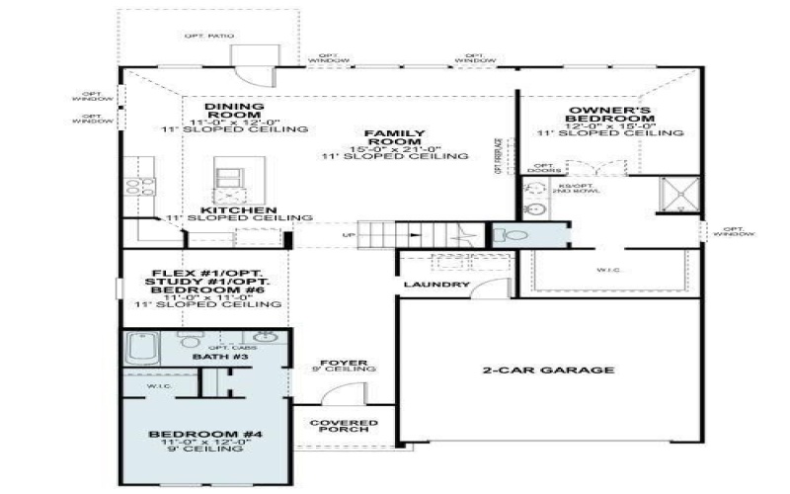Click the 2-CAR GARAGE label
click(x=548, y=370)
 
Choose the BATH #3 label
click(x=209, y=356)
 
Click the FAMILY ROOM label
click(x=380, y=138)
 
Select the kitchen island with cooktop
click(x=228, y=182)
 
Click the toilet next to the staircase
click(x=512, y=236)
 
